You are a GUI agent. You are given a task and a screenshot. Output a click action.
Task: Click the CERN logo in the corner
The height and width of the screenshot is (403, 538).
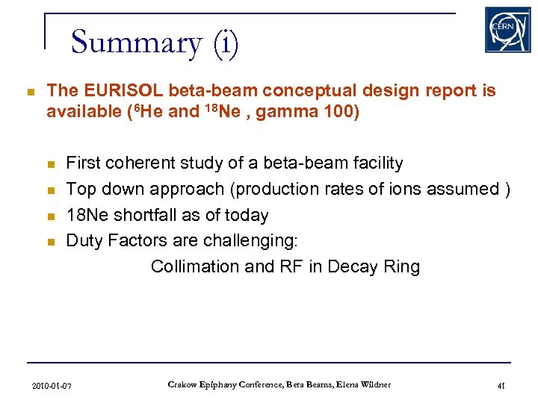(507, 30)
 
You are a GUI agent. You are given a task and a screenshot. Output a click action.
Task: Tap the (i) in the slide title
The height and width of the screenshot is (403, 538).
(224, 43)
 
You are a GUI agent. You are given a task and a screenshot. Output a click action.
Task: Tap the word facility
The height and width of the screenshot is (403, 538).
(375, 163)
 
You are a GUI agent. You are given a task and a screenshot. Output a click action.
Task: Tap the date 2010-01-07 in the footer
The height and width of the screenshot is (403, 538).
(52, 386)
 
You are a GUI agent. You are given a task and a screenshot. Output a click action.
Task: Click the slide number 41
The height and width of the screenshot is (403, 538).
(501, 386)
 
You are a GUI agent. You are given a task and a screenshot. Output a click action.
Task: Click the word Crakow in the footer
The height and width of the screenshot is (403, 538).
(183, 385)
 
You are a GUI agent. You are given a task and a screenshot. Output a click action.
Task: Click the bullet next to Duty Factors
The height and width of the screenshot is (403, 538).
(51, 242)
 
